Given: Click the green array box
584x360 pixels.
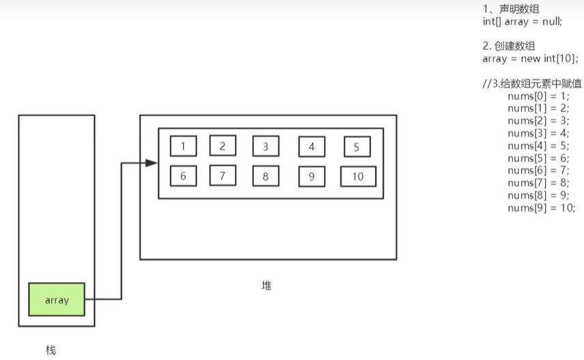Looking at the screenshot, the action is (57, 299).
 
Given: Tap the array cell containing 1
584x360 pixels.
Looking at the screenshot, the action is (183, 146).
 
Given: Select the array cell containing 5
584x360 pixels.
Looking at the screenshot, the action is (357, 148).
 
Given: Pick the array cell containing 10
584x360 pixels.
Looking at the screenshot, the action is (358, 177).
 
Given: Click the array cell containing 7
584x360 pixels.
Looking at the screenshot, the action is (223, 176).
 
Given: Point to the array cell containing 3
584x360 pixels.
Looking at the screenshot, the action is (265, 146).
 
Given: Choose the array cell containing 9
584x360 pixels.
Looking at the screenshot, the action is (311, 177).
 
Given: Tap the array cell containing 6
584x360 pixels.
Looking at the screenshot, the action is (183, 176).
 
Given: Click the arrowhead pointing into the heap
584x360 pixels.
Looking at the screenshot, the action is (152, 163).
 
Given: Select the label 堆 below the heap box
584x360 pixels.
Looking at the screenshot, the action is (267, 286).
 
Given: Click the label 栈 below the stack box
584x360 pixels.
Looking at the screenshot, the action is (51, 350).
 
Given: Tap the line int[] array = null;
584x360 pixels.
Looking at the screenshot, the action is (522, 21).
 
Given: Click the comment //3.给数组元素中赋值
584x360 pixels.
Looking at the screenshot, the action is (532, 84).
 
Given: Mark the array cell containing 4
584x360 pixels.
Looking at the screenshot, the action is (311, 147).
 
